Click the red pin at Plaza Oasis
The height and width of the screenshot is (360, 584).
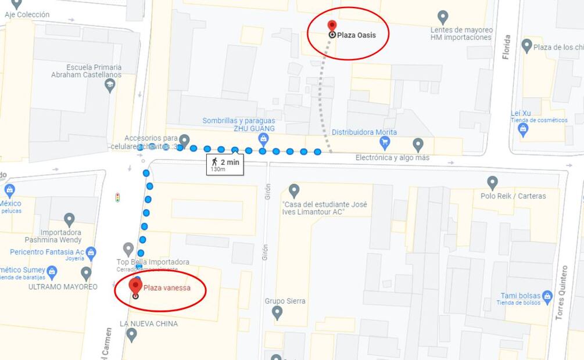tap(332, 26)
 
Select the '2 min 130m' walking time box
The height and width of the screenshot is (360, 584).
tap(225, 164)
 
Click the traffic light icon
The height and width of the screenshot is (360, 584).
tap(118, 197)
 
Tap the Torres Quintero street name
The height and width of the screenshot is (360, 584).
tap(560, 293)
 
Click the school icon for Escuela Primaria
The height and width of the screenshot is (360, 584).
tap(109, 86)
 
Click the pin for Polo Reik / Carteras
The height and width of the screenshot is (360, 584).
tap(492, 182)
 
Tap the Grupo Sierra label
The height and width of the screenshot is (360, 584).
tap(285, 301)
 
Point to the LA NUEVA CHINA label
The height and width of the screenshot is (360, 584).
tap(149, 323)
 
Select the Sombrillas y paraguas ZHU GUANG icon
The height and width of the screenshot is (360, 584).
tap(263, 139)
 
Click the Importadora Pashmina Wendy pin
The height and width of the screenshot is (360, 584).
tap(69, 219)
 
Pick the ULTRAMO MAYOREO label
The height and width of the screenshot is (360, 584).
tap(63, 287)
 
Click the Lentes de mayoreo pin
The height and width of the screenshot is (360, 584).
tap(443, 17)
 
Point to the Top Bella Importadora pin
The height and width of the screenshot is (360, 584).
tap(128, 249)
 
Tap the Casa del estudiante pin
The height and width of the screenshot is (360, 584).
tap(294, 190)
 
